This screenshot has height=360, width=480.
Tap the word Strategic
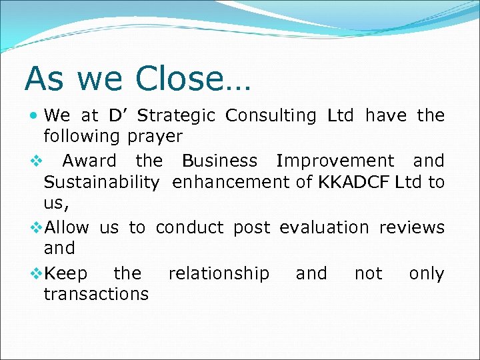click(176, 116)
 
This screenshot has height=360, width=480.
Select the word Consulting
click(271, 116)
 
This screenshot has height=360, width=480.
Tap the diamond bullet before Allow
click(37, 227)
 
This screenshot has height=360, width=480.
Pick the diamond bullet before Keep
click(37, 274)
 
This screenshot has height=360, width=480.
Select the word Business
click(219, 161)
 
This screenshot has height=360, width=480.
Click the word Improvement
click(335, 161)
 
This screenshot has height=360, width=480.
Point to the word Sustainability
click(101, 183)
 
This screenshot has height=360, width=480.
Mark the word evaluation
click(324, 227)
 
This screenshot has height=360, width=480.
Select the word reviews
click(411, 227)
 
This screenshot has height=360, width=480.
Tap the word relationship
click(219, 274)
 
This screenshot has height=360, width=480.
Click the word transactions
click(96, 294)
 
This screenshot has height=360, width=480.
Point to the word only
click(426, 274)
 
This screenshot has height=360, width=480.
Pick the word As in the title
click(45, 79)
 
